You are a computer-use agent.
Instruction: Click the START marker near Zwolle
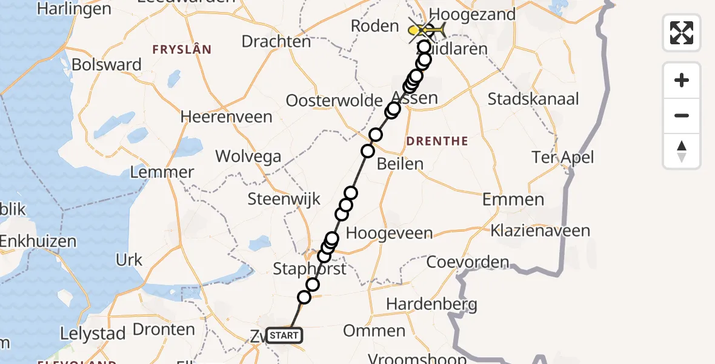point(284,335)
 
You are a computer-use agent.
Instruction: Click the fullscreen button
point(682,33)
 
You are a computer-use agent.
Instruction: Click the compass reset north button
point(682,151)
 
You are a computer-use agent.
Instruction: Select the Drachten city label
point(276,41)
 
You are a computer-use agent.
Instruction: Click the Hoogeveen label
point(389,234)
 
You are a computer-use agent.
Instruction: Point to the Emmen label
point(513,200)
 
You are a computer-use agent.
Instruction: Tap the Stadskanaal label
point(533,99)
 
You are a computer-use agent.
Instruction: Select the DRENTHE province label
point(437,141)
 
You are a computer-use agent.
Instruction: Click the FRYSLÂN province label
point(181,50)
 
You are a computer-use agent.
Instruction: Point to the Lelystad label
point(93,333)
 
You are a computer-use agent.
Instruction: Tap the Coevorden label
point(468,262)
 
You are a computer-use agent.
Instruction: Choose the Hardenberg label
point(431,303)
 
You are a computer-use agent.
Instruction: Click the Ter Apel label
point(562,158)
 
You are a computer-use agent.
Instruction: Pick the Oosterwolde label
point(334,101)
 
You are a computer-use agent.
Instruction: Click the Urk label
point(128,260)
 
